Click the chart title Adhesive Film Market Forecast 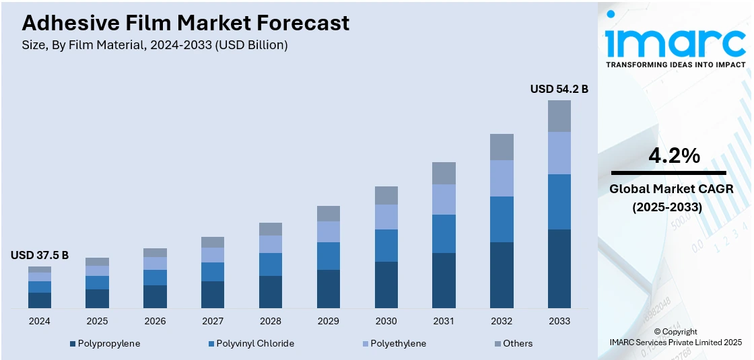coord(185,23)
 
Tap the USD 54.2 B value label coord(559,89)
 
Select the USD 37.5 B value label coord(40,255)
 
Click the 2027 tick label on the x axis coord(213,321)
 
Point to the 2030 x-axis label coord(386,321)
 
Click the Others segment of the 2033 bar coord(559,116)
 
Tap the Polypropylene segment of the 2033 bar coord(559,268)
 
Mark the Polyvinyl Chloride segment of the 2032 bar coord(502,219)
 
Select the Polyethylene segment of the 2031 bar coord(444,199)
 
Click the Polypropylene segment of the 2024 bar coord(40,300)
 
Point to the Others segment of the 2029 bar coord(329,213)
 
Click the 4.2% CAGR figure coord(674,156)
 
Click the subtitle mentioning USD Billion coord(155,45)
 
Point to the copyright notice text coord(675,336)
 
